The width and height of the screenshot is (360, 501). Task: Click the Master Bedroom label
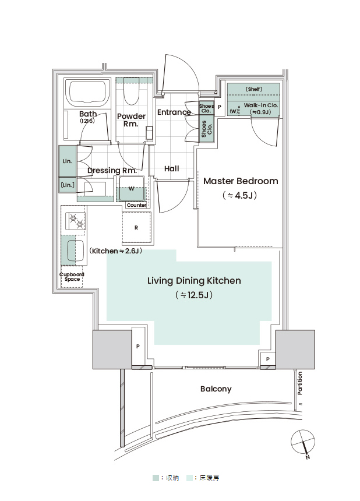241,181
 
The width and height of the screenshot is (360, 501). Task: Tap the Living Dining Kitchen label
194,281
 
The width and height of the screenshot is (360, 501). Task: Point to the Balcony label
216,389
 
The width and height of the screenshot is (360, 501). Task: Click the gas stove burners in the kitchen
76,221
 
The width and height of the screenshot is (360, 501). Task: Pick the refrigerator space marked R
136,228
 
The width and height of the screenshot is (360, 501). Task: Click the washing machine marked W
131,189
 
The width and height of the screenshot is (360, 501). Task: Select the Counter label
136,205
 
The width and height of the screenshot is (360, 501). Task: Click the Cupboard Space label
72,277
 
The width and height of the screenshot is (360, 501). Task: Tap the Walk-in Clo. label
260,105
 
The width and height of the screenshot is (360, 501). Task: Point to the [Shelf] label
254,89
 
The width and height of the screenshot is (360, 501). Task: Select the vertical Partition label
299,383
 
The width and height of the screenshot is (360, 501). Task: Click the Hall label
171,169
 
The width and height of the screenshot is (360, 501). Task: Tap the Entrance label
174,112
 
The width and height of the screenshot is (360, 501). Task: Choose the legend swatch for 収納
156,478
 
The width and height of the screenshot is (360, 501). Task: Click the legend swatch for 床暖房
190,478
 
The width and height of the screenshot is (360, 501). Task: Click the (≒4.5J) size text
239,195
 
